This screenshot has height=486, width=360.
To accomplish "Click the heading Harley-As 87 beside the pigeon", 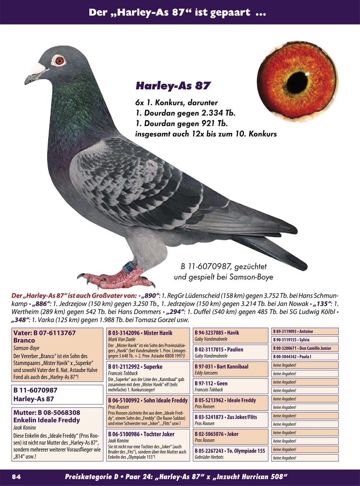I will pos(173,86).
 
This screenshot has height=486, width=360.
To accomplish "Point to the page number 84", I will pos(17,477).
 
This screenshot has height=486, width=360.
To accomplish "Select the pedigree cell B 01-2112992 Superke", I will pos(148,378).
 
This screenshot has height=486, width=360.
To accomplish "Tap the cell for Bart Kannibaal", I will pos(230,370).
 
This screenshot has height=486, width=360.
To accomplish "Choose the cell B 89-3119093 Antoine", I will pos(305,332).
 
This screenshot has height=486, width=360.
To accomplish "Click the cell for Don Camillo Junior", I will pos(305,348).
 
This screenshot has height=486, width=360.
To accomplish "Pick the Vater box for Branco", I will pos(58,355).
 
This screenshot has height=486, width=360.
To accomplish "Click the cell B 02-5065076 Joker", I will pos(230,437).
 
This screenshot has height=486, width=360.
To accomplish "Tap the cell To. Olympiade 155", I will pos(230,454).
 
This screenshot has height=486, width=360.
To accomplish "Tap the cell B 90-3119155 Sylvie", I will pos(305,340).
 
